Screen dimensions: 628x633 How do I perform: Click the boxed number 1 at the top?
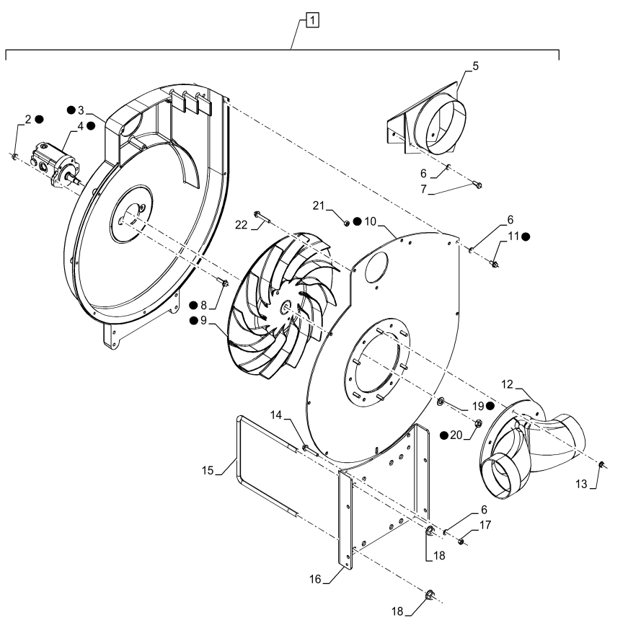[x=313, y=20]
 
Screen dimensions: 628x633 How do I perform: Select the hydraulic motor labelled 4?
[x=56, y=164]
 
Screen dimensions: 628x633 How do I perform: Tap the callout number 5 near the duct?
[x=475, y=66]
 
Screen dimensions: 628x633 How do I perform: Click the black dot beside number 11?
[x=526, y=237]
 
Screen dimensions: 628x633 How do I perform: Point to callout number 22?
[x=241, y=225]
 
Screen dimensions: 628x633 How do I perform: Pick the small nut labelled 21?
[x=347, y=223]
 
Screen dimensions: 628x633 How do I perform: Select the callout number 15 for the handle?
[x=208, y=470]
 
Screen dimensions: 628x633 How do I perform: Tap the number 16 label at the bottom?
[x=315, y=580]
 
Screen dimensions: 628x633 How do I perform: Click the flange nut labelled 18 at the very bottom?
[x=429, y=594]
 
